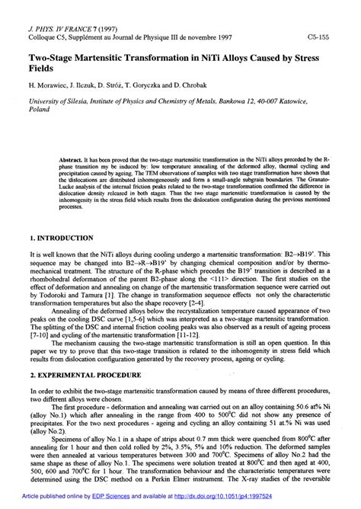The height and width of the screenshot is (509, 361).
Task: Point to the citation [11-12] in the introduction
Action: point(190,334)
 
